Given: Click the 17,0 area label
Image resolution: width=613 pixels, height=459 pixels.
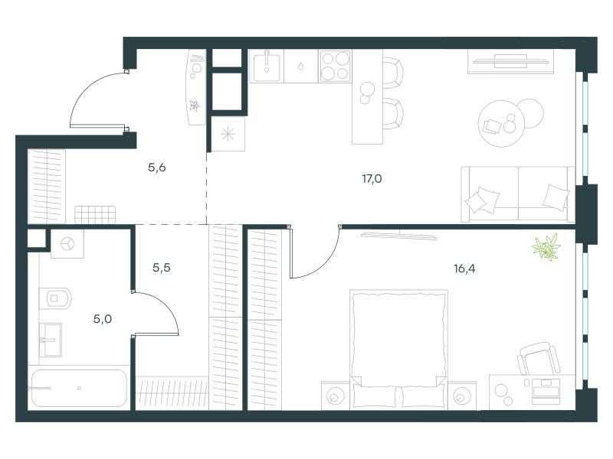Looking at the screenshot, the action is click(372, 179).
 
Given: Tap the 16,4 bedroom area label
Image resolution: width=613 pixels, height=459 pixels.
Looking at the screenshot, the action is click(464, 269).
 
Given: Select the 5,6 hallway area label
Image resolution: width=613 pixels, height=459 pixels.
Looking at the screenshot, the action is click(157, 168).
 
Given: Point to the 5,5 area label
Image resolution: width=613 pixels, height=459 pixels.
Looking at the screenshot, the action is click(162, 267).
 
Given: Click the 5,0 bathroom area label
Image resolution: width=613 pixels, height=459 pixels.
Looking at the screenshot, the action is click(103, 319).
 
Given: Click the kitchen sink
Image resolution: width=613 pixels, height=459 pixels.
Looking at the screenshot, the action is click(267, 67).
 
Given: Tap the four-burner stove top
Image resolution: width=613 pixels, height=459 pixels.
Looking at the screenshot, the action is click(335, 66).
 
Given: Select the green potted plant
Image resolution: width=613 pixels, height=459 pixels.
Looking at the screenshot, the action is click(546, 247).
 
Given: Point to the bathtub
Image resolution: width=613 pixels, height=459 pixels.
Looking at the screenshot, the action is click(79, 388).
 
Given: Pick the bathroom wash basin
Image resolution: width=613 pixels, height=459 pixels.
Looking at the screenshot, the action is click(51, 340).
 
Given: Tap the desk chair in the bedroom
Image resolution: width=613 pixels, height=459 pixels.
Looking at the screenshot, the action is click(539, 358).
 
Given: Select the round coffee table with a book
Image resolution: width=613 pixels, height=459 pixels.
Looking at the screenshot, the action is click(501, 123).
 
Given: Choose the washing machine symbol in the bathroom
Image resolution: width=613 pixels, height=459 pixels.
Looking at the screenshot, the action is click(67, 244).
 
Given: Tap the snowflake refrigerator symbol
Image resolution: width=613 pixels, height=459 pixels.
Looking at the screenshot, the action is click(228, 135).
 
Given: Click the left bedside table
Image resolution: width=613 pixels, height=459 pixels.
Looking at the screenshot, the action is click(336, 396).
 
